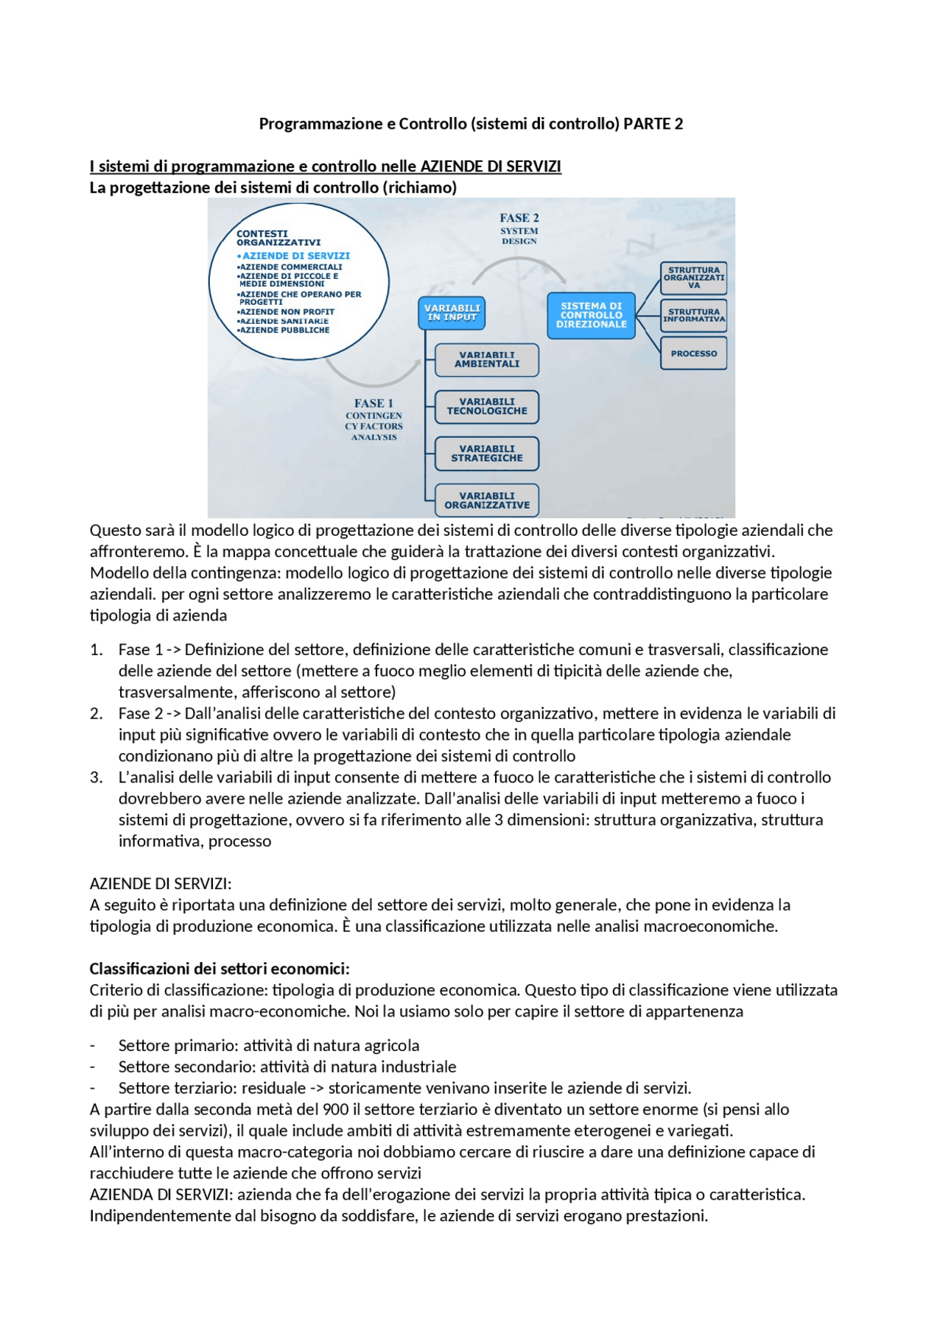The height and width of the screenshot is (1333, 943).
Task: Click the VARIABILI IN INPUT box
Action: click(452, 313)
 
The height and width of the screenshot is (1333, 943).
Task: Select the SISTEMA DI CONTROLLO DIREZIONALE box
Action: click(591, 315)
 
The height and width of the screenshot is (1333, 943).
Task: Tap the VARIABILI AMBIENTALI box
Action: click(487, 360)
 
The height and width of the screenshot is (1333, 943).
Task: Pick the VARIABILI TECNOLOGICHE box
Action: click(487, 407)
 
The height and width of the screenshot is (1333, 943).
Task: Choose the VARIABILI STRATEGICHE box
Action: click(487, 453)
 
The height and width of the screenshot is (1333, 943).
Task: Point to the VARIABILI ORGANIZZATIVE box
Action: click(487, 501)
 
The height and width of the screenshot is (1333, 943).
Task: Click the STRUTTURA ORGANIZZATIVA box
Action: click(693, 277)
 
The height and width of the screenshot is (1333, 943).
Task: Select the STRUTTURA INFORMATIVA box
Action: click(693, 316)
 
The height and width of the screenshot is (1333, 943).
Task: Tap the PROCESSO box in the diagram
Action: click(693, 353)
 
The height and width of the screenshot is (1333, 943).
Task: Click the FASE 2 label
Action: click(519, 218)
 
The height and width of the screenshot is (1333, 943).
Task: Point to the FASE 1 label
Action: click(374, 403)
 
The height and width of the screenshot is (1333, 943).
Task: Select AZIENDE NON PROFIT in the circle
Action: click(287, 312)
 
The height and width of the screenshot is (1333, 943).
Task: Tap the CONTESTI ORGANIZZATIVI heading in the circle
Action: click(278, 238)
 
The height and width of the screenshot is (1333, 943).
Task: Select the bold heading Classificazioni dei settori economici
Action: click(220, 969)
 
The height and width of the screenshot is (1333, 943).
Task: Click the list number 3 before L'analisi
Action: click(96, 777)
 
